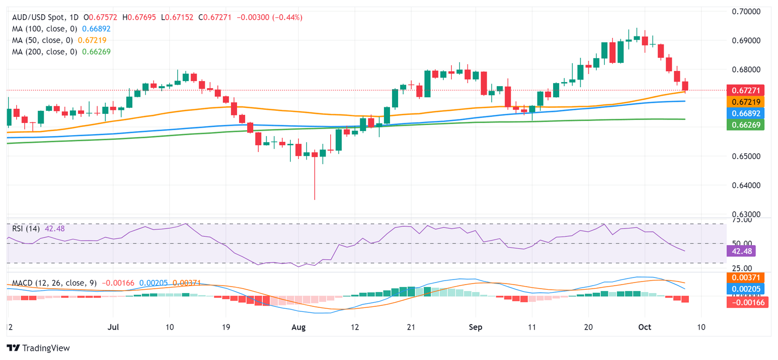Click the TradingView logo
click(38, 348)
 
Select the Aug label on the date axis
click(299, 327)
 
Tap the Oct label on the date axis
click(645, 327)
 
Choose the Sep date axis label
click(476, 327)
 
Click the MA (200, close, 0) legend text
click(43, 52)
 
